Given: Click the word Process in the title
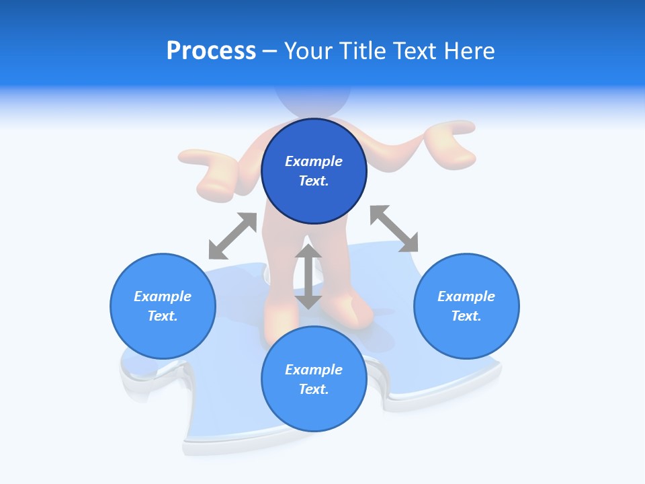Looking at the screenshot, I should tap(211, 51).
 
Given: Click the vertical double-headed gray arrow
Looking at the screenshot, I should tap(308, 276).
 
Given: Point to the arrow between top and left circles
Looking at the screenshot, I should tap(233, 235).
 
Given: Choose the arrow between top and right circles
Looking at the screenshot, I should tap(394, 229).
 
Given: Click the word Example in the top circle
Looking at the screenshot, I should tap(314, 161).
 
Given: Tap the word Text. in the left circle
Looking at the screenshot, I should tap(163, 316).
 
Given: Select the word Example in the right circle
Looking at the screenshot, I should tap(466, 296).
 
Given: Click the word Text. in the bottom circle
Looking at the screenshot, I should tap(314, 389).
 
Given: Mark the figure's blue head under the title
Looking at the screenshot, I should tap(313, 101).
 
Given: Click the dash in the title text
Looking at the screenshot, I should tap(270, 51).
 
